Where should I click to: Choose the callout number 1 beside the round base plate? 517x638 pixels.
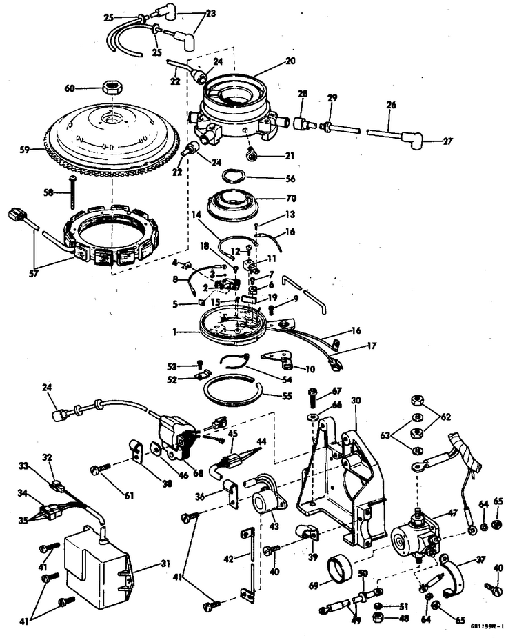coord(176,332)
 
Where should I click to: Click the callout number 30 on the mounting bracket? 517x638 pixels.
coord(355,400)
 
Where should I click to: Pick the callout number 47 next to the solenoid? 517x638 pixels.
coord(453,514)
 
